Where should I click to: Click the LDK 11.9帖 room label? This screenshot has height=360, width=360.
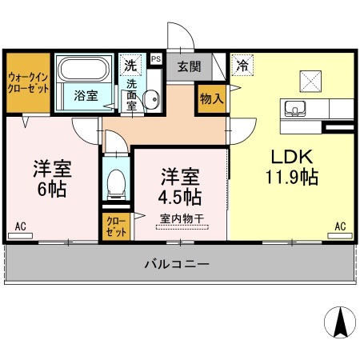point(291,166)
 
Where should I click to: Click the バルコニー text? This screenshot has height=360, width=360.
point(178,262)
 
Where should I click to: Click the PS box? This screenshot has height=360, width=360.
point(155,58)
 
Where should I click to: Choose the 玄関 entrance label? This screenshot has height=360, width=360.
point(189,67)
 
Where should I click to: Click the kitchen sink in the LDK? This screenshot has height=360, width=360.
point(294,109)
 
